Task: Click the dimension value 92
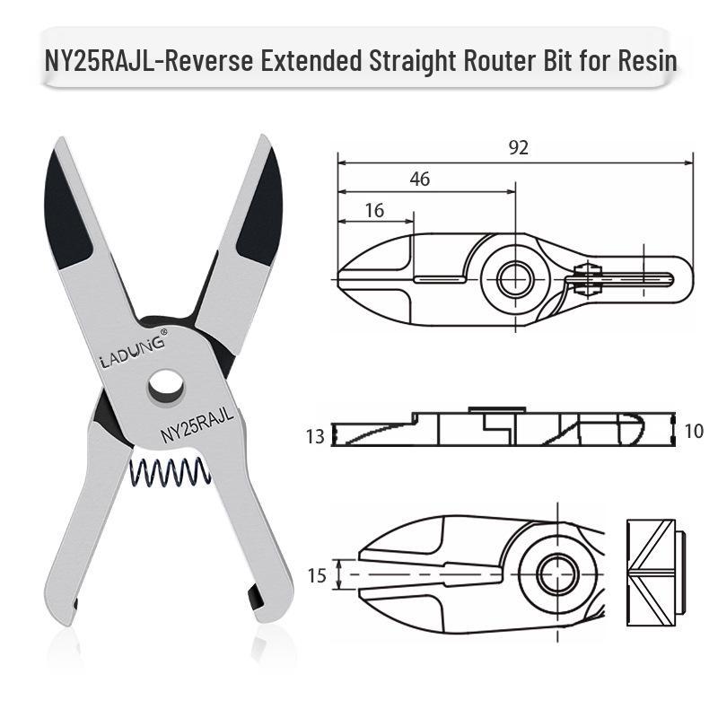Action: tap(519, 147)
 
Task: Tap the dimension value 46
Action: tap(420, 179)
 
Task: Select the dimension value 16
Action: tap(374, 211)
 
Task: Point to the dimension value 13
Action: tap(315, 436)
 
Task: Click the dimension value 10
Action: tap(693, 431)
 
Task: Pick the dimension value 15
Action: tap(317, 575)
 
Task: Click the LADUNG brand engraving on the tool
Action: tap(132, 351)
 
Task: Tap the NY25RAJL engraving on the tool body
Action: tap(197, 425)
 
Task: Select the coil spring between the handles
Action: tap(171, 473)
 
